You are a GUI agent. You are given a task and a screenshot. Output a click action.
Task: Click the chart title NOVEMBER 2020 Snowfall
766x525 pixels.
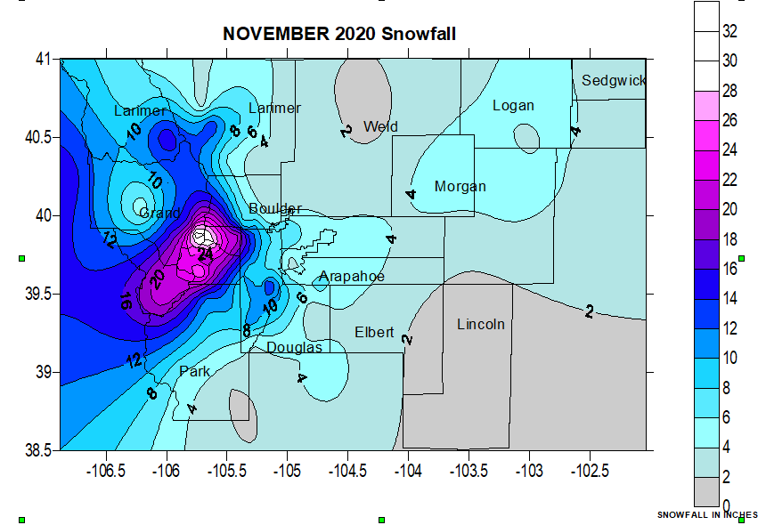[x=339, y=34]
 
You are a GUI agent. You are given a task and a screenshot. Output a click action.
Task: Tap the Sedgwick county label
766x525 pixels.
[x=613, y=81]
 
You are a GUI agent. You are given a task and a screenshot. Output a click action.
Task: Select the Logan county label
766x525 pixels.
[x=513, y=106]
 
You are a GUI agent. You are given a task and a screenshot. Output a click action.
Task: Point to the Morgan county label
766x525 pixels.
[x=460, y=187]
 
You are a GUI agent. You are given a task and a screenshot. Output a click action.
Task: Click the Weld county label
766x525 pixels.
[x=380, y=126]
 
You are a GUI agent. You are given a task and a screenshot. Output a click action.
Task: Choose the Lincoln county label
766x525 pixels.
[x=480, y=324]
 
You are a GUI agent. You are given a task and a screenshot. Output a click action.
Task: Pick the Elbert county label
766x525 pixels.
[x=374, y=332]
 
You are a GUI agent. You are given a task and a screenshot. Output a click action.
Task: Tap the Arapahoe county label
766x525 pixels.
[x=352, y=277]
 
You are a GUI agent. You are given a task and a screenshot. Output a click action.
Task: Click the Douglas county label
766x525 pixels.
[x=294, y=348]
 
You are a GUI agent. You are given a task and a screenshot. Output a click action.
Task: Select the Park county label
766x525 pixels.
[x=195, y=371]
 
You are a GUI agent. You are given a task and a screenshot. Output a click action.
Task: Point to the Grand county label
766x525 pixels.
[x=159, y=214]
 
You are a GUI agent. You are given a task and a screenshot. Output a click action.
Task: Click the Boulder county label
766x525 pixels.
[x=275, y=208]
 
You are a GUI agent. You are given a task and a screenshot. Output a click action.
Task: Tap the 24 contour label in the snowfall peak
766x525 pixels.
[x=205, y=254]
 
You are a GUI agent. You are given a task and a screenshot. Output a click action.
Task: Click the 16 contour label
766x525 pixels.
[x=126, y=300]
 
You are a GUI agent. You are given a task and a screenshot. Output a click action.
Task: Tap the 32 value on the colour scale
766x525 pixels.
[x=729, y=31]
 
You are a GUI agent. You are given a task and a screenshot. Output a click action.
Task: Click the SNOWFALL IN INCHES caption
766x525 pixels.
[x=707, y=515]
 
